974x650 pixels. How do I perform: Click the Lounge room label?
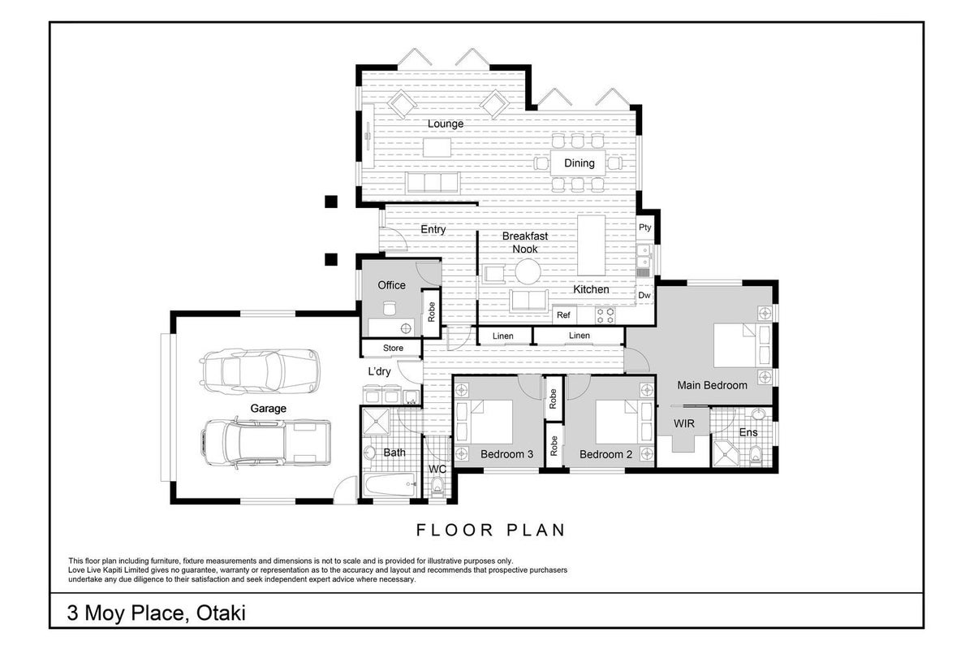coord(446,124)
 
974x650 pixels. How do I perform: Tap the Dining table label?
coord(580,163)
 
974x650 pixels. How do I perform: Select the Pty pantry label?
coord(644,227)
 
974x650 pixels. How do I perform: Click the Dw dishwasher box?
coord(644,295)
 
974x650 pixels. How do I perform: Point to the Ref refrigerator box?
coord(564,314)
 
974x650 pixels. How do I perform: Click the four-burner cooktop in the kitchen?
coord(605,315)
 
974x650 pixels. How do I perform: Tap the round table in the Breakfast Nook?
coord(528,271)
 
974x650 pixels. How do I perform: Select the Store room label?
coord(393,349)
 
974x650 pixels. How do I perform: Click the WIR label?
coord(684,423)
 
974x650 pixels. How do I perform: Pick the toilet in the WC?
coord(437,487)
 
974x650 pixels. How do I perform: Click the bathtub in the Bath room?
coord(390,484)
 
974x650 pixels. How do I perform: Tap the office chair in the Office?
coord(390,308)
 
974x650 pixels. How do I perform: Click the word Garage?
coord(269,409)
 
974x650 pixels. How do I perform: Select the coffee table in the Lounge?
coord(437,147)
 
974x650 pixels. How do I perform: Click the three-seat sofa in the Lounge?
coord(433,183)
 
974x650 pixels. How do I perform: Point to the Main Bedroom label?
coord(713,385)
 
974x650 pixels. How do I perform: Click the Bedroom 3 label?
coord(506,454)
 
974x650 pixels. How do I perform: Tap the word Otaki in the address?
coord(221,613)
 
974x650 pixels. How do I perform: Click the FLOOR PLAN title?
coord(491,530)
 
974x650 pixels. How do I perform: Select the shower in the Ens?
coord(726,454)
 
